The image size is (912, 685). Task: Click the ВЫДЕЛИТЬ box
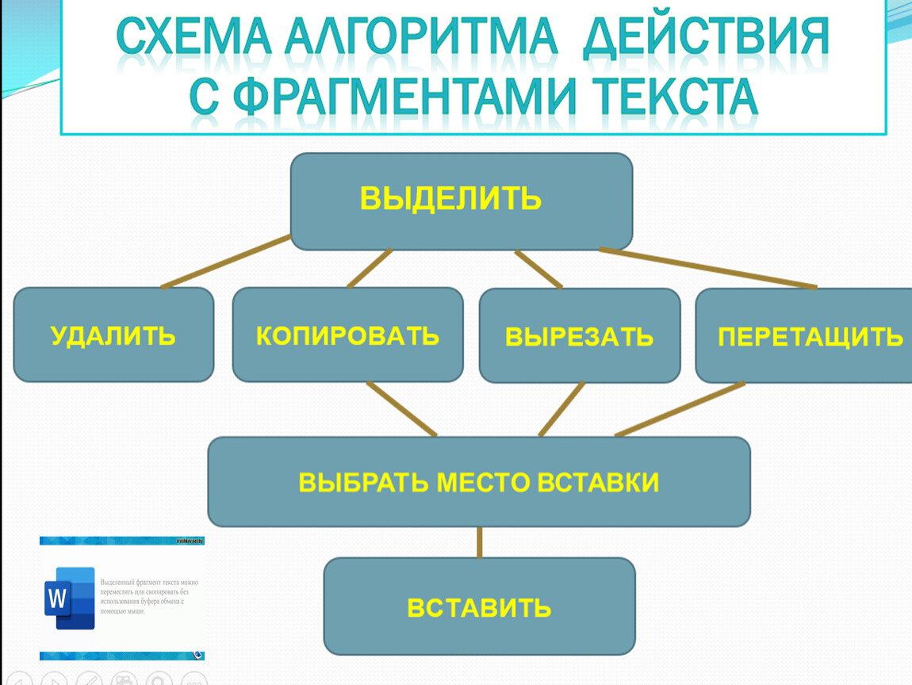pyautogui.click(x=461, y=201)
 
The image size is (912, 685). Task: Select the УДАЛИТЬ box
pyautogui.click(x=113, y=335)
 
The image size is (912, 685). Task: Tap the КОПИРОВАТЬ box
pyautogui.click(x=347, y=335)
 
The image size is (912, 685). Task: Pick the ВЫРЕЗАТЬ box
pyautogui.click(x=580, y=335)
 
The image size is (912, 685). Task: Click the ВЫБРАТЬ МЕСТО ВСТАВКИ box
pyautogui.click(x=479, y=481)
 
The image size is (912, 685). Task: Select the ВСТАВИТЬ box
pyautogui.click(x=479, y=607)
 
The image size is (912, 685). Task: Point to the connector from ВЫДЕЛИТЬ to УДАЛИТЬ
pyautogui.click(x=226, y=262)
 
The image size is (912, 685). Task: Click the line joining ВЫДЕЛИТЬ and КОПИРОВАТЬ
pyautogui.click(x=370, y=269)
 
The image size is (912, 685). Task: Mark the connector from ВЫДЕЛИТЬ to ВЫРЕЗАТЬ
pyautogui.click(x=538, y=269)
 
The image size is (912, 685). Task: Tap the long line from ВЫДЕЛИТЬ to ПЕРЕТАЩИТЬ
pyautogui.click(x=707, y=268)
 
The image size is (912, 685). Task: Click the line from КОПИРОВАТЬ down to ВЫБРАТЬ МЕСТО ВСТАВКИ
pyautogui.click(x=401, y=408)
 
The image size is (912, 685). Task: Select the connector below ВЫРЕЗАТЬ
pyautogui.click(x=561, y=409)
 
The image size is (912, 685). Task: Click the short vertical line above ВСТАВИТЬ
pyautogui.click(x=480, y=542)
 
